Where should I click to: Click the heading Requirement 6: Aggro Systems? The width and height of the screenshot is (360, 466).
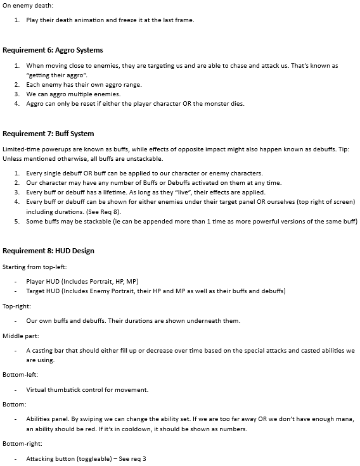click(53, 49)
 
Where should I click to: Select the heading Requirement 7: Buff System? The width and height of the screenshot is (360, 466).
click(48, 134)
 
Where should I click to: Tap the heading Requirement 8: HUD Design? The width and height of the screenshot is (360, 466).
click(48, 251)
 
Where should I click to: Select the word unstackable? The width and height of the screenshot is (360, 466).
click(145, 158)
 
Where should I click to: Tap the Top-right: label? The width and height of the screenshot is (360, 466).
click(19, 306)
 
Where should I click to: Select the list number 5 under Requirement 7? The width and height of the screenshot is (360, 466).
click(17, 221)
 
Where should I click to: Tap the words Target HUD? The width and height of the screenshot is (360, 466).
click(42, 291)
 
